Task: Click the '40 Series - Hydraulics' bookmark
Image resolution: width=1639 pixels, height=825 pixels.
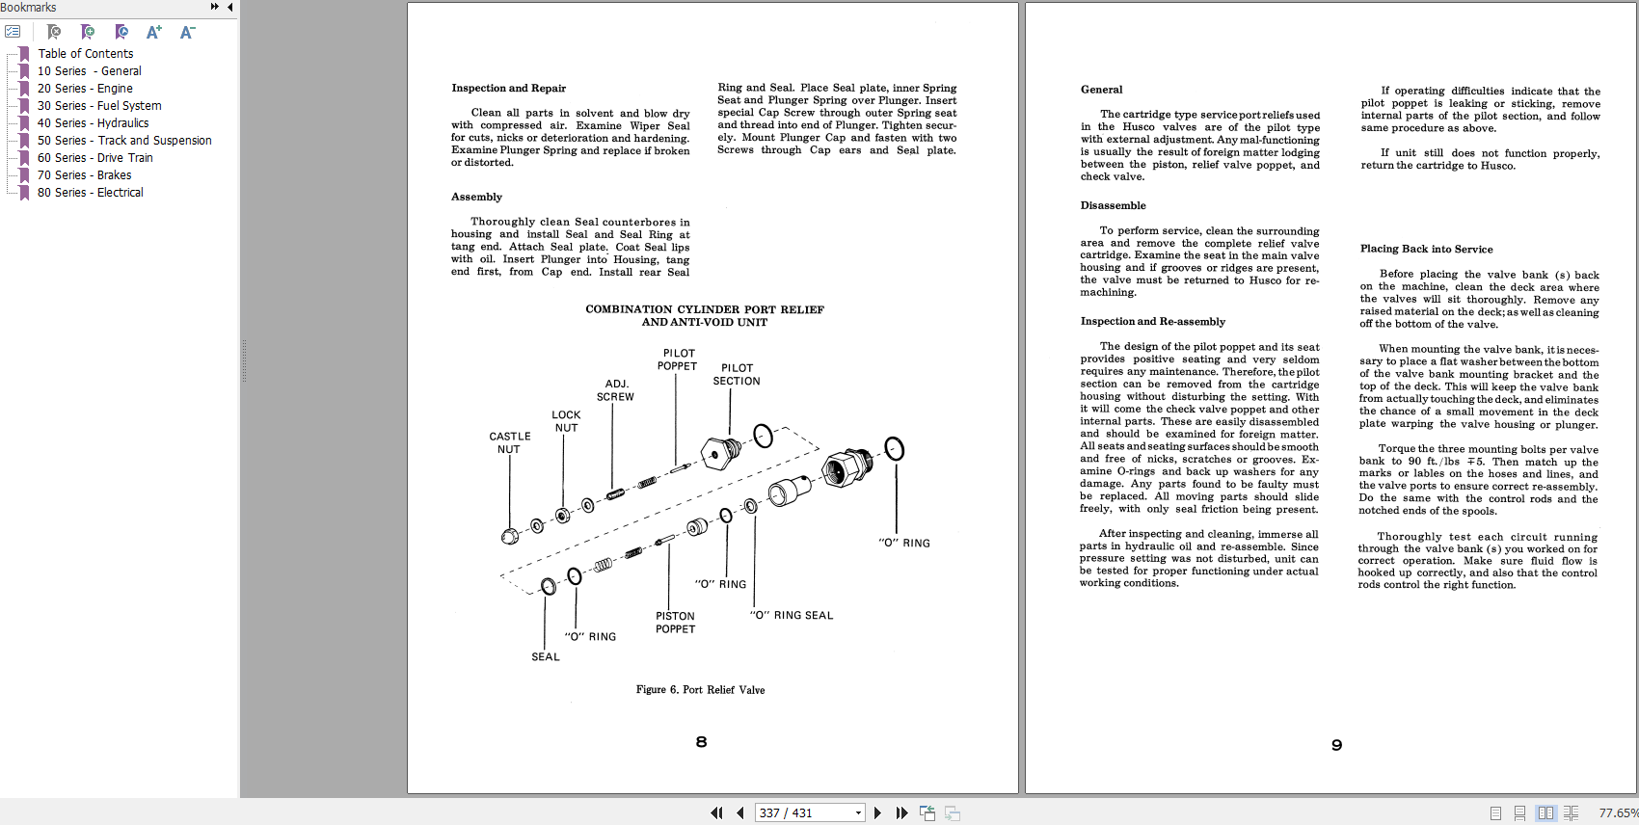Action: tap(93, 123)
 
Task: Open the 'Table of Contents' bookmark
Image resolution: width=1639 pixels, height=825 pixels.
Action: tap(86, 54)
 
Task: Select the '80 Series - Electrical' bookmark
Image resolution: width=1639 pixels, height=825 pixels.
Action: tap(90, 193)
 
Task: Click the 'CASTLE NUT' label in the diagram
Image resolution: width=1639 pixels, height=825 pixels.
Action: tap(509, 443)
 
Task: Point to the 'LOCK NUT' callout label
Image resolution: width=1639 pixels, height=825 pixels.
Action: tap(566, 421)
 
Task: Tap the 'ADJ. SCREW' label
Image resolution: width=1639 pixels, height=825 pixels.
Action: tap(615, 390)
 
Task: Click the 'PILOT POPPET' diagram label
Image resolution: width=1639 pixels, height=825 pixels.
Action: tap(677, 359)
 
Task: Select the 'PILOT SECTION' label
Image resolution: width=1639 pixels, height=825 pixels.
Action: tap(737, 375)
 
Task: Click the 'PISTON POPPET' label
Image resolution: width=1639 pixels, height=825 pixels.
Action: tap(675, 623)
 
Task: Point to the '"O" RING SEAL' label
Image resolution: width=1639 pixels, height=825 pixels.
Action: tap(792, 615)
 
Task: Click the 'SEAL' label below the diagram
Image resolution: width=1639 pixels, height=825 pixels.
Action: tap(545, 657)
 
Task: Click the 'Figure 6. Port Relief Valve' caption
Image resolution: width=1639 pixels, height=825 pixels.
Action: tap(700, 690)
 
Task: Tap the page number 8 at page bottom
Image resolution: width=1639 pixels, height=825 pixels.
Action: tap(701, 742)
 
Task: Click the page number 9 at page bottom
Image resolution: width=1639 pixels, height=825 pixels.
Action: tap(1336, 745)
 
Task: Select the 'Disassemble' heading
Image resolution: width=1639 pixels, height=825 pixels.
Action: tap(1113, 206)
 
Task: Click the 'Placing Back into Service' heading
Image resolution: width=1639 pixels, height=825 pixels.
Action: tap(1426, 250)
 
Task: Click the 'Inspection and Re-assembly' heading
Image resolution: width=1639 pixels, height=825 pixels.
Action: tap(1152, 322)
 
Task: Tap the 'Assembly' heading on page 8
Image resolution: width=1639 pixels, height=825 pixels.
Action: tap(476, 198)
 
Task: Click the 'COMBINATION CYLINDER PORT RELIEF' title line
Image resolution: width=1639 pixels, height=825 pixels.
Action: tap(705, 310)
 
